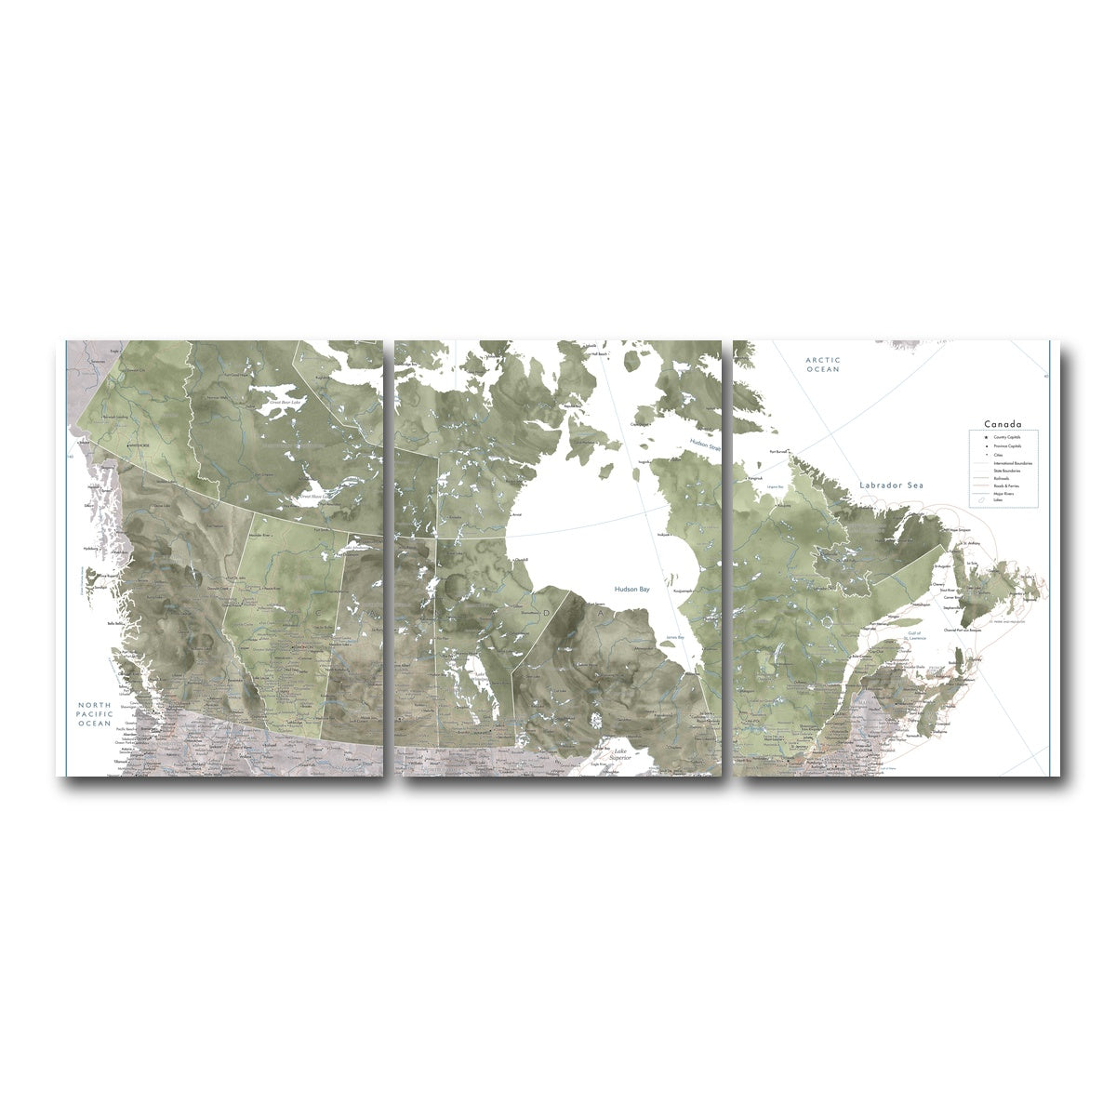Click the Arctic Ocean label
click(x=823, y=365)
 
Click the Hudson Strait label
click(x=703, y=445)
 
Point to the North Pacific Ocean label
click(x=95, y=713)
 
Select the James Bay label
click(x=675, y=637)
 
